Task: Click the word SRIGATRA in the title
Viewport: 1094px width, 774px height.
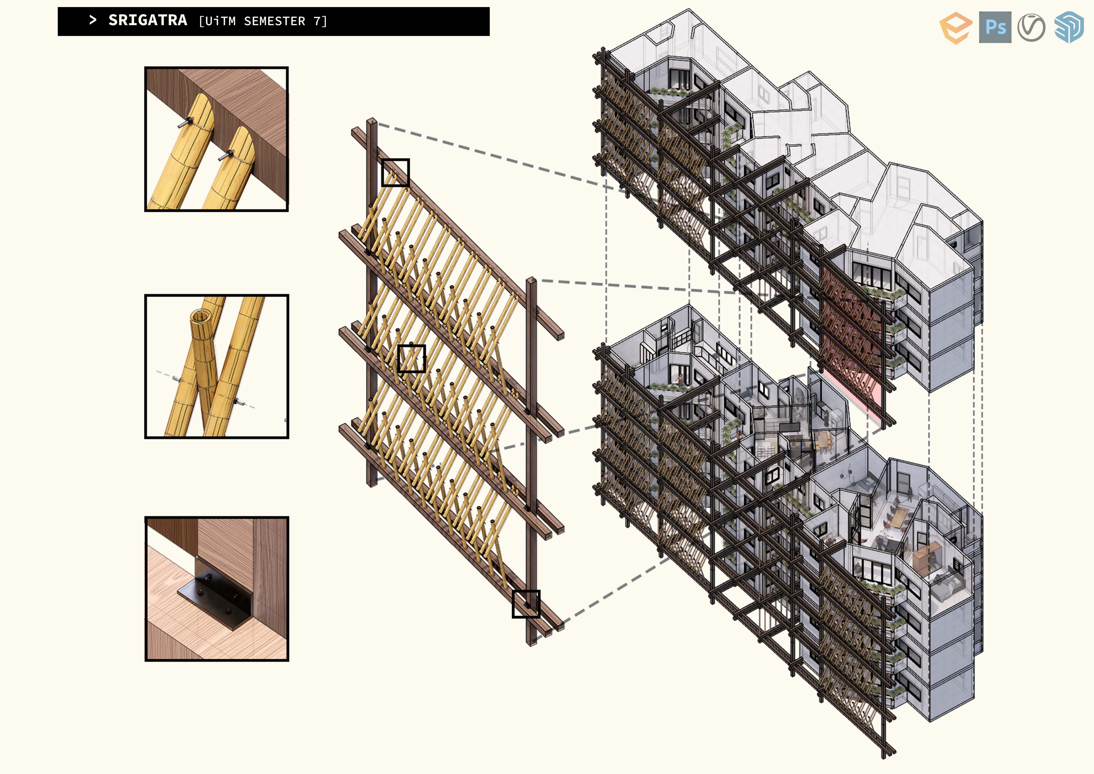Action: click(148, 21)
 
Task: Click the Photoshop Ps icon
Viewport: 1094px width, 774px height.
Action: click(995, 27)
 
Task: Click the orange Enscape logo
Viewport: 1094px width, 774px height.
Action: click(955, 28)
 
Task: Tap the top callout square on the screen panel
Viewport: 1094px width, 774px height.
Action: click(395, 173)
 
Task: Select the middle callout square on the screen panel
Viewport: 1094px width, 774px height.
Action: click(411, 358)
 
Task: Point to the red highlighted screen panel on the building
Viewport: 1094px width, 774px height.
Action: click(851, 334)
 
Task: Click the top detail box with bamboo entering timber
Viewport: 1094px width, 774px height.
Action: click(216, 139)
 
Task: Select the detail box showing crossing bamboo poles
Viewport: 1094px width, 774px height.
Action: click(216, 366)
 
